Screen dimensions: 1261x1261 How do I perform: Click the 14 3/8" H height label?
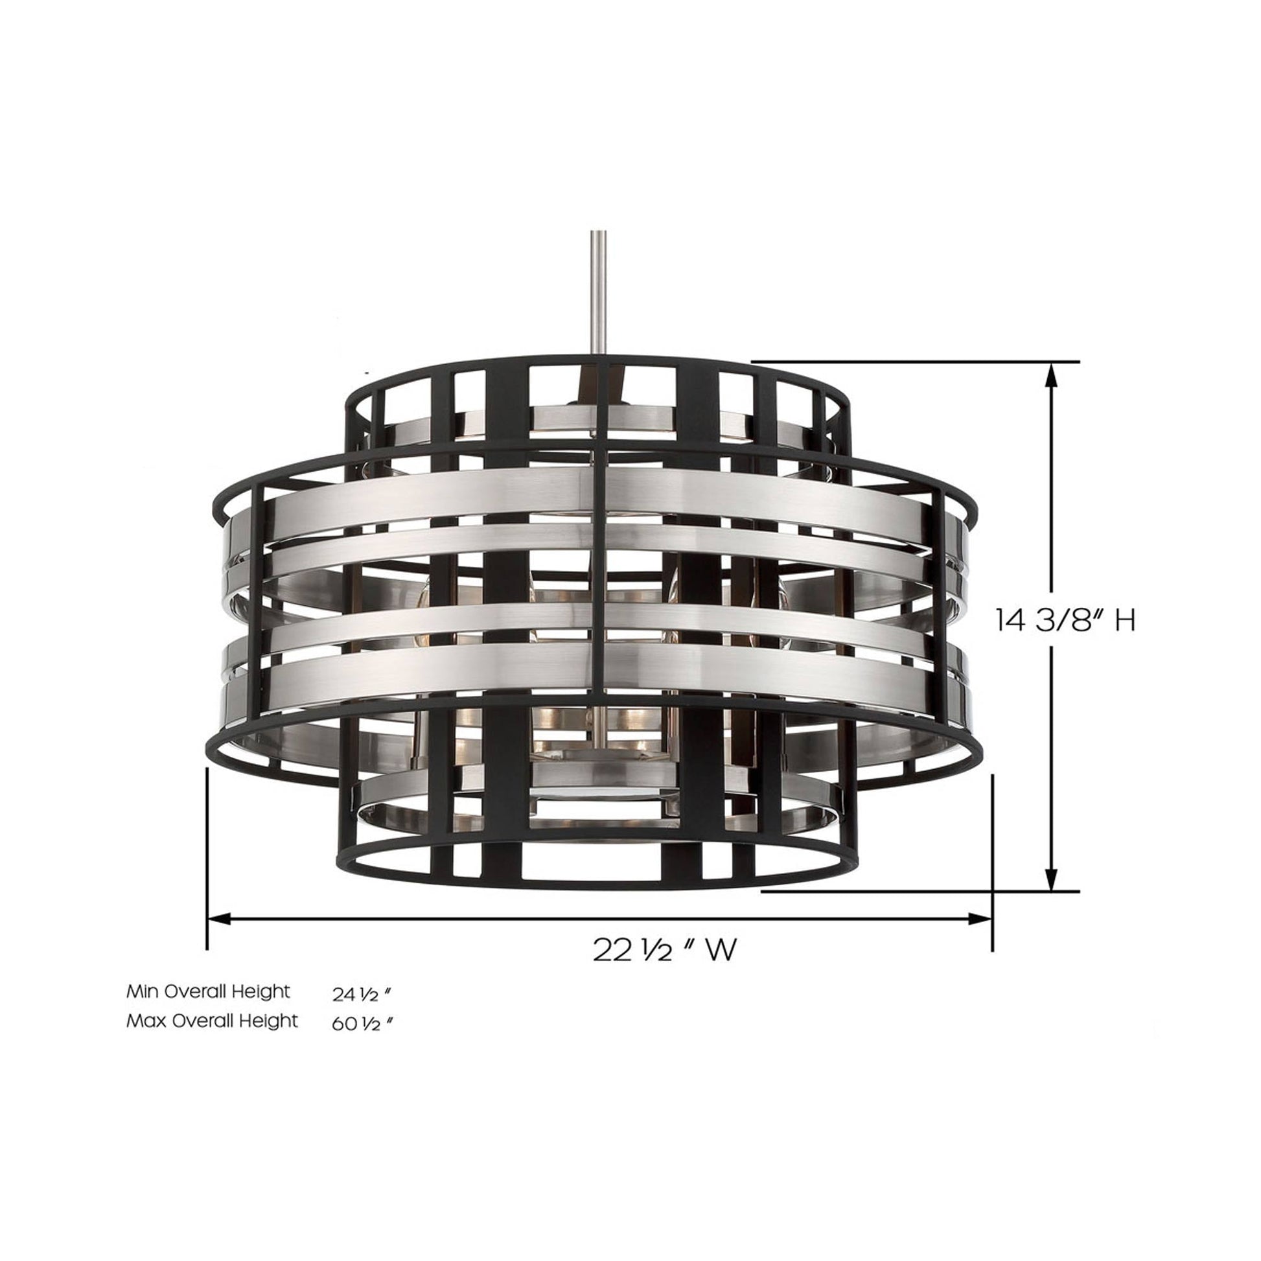1065,621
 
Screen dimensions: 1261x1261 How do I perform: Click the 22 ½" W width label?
664,950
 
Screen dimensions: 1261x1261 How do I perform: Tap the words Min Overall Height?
208,991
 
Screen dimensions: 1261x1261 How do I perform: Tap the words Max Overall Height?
212,1021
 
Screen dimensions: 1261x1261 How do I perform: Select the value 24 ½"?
362,994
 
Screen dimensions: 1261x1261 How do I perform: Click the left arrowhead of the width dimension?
219,919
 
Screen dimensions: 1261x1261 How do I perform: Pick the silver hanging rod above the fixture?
600,294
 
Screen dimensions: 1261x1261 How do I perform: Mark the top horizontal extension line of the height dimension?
914,361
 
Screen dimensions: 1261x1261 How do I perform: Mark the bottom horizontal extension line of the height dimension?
914,890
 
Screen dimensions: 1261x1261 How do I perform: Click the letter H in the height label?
1124,621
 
